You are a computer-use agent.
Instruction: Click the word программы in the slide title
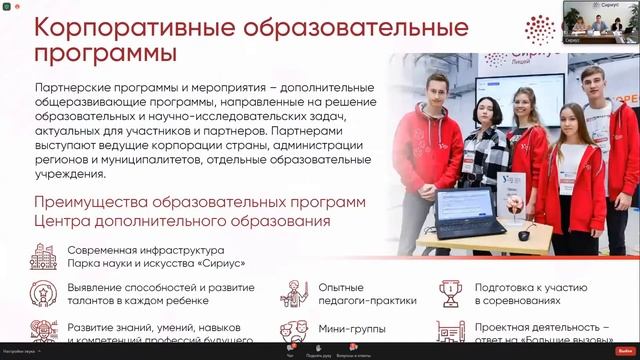tap(100, 50)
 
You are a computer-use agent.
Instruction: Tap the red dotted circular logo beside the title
tap(541, 30)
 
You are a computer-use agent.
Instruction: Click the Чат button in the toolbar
tap(290, 350)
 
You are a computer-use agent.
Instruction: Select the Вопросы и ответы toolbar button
tap(351, 350)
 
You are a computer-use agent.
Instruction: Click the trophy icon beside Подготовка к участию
tap(450, 293)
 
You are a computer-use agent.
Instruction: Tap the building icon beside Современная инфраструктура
tap(43, 256)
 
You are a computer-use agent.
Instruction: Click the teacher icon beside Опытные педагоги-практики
tap(293, 293)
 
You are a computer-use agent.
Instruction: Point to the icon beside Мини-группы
tap(293, 330)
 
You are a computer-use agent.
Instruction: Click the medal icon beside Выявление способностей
tap(43, 293)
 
